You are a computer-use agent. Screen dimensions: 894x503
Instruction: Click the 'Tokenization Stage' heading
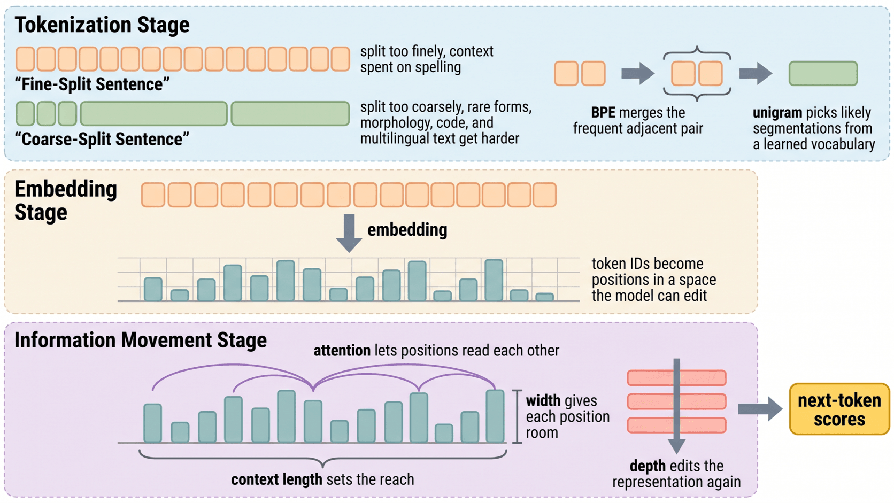[102, 25]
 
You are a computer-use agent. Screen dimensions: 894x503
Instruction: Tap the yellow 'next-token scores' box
[839, 409]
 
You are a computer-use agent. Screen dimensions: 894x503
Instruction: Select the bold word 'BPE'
[603, 112]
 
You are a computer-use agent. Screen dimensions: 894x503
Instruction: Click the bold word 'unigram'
[777, 113]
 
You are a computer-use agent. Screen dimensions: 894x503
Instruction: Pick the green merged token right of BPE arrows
[823, 73]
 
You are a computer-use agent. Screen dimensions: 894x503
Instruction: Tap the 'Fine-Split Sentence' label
[92, 84]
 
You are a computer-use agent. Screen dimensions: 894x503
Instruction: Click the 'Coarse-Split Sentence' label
[102, 139]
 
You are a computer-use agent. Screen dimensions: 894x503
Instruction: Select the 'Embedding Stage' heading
[66, 200]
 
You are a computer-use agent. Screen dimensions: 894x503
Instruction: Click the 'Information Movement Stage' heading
[141, 341]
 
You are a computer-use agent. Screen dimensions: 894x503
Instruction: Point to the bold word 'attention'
[342, 351]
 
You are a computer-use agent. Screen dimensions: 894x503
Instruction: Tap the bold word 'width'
[543, 400]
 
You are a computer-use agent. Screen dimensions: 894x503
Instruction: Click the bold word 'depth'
[648, 466]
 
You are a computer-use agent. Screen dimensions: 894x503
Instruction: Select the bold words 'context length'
[276, 479]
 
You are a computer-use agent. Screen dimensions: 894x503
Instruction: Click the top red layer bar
[676, 378]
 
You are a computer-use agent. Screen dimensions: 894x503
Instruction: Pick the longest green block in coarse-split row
[153, 114]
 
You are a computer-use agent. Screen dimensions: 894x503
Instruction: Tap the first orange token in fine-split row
[25, 59]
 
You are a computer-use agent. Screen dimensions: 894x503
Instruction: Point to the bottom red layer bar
[676, 425]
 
